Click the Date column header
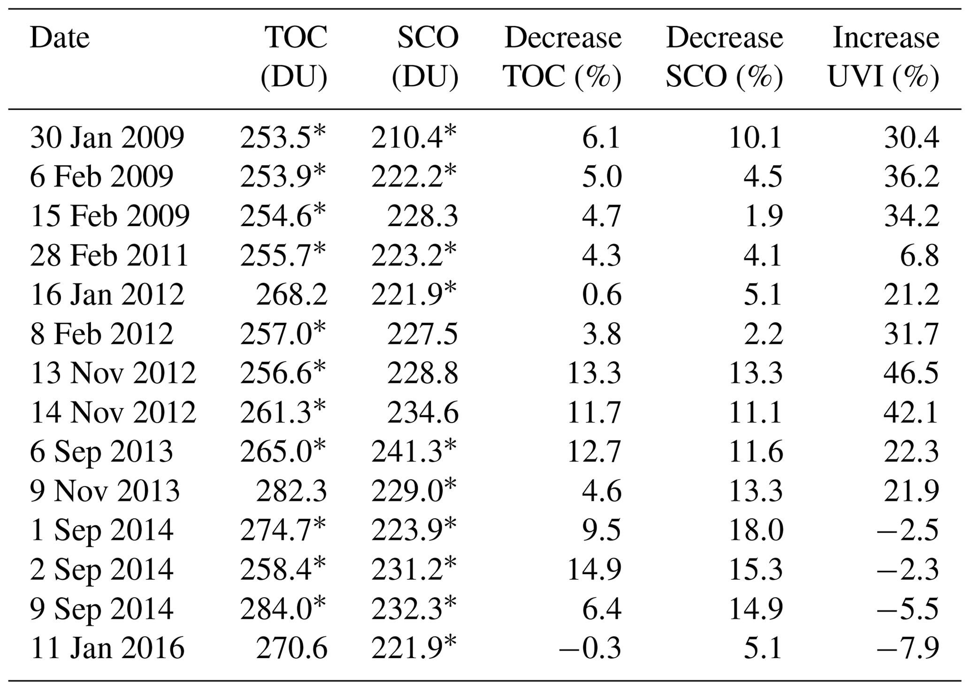click(60, 38)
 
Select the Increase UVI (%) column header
click(884, 57)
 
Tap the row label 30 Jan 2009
click(107, 138)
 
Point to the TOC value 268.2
click(291, 295)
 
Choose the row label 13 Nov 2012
click(113, 374)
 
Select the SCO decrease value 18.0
click(756, 531)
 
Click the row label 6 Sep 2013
click(102, 452)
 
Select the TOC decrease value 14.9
click(594, 570)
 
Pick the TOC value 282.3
click(291, 492)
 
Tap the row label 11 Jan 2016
click(107, 649)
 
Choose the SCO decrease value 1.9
click(764, 217)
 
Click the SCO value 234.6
click(422, 413)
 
